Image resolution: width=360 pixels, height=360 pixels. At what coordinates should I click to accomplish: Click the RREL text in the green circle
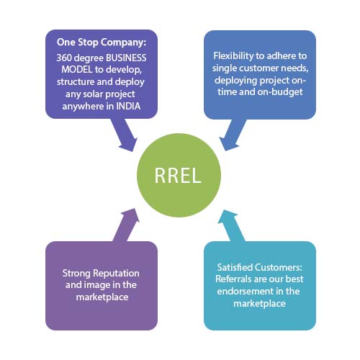[178, 176]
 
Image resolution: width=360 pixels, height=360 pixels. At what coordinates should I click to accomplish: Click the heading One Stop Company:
[102, 42]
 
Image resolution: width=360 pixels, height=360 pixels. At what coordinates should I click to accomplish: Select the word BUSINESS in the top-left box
[126, 58]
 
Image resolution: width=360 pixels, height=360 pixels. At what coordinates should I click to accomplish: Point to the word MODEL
[77, 70]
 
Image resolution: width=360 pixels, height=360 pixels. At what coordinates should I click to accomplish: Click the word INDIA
[128, 106]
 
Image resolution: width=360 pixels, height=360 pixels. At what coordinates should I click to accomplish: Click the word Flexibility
[233, 56]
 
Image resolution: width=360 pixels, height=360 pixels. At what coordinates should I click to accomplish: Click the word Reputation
[116, 274]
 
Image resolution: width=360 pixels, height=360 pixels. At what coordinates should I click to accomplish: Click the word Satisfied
[235, 267]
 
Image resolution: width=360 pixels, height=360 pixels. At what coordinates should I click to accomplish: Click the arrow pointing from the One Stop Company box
[125, 135]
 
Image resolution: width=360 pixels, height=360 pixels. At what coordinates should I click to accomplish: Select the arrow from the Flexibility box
[233, 135]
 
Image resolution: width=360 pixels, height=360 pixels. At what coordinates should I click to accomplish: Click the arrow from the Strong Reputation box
[126, 225]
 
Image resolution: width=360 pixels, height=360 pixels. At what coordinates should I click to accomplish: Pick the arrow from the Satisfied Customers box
[231, 225]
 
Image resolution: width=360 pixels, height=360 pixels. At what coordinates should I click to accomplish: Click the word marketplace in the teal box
[259, 304]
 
